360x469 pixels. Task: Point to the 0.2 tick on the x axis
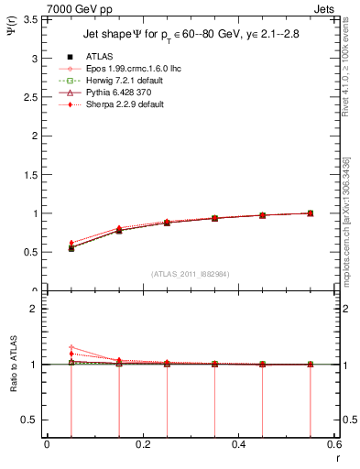(142, 443)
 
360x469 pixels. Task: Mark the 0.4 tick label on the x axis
(238, 443)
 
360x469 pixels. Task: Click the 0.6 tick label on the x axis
(334, 443)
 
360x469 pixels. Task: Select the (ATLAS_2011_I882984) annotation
(190, 273)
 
